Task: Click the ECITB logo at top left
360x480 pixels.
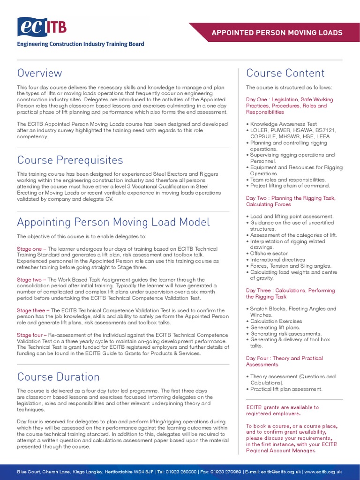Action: (42, 27)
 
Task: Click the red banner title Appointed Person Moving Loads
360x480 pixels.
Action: (277, 33)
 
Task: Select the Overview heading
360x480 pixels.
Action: (39, 73)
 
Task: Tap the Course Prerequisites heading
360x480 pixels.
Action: (70, 160)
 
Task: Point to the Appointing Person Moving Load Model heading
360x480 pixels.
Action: (113, 222)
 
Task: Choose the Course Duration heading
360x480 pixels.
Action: (58, 377)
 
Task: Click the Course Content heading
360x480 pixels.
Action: (285, 73)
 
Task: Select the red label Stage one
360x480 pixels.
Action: (30, 249)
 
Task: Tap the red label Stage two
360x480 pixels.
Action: (30, 280)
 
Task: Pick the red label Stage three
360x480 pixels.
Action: (32, 310)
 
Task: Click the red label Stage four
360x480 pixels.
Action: (31, 335)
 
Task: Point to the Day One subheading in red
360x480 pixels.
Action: (289, 105)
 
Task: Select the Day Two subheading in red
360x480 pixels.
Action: (290, 201)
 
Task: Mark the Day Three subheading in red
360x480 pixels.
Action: (290, 293)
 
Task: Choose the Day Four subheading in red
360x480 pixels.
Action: (284, 361)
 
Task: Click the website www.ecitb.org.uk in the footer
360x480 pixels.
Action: (324, 472)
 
